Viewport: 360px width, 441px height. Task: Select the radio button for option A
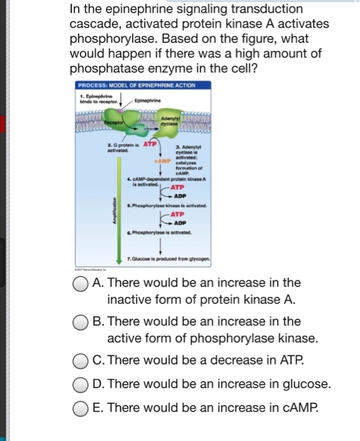[x=81, y=283]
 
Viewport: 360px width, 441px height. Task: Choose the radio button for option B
[x=81, y=322]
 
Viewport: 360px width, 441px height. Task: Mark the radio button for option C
[x=81, y=362]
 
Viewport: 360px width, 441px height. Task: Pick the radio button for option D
[x=81, y=384]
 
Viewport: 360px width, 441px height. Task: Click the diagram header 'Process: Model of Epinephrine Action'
[x=136, y=86]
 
